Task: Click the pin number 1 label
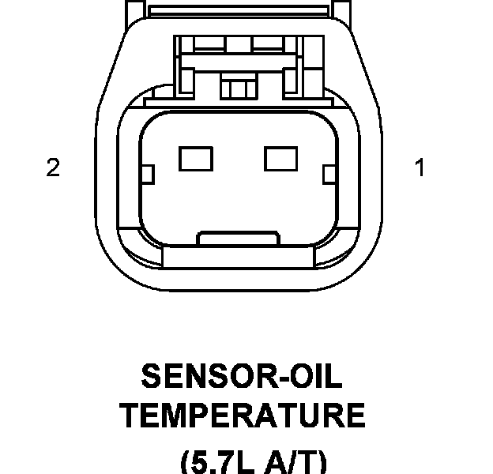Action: (x=420, y=168)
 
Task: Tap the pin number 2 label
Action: (x=53, y=168)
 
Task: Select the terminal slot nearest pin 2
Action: (x=196, y=160)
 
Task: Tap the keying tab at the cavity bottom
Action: (x=238, y=237)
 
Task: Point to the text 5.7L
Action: (x=221, y=461)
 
